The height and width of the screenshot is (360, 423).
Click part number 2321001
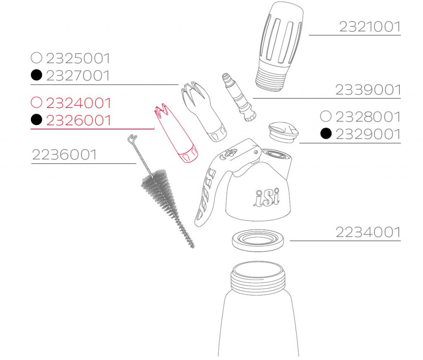click(370, 27)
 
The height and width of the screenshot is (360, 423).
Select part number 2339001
click(368, 90)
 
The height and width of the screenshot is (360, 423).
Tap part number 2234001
click(368, 232)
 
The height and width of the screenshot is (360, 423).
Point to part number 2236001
click(64, 155)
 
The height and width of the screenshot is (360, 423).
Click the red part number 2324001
click(78, 103)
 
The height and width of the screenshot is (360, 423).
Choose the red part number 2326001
click(78, 120)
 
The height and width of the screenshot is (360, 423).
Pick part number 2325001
click(78, 58)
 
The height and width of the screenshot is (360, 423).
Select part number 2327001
click(78, 76)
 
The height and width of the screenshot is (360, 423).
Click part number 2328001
click(368, 117)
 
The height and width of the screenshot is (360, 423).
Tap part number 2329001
click(368, 134)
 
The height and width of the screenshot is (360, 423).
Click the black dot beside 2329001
click(326, 134)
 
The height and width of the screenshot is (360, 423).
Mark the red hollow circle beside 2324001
click(37, 102)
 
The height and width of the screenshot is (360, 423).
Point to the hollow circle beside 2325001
click(37, 57)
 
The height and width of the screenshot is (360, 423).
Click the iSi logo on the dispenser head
click(266, 197)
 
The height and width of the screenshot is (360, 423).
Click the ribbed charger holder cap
click(280, 46)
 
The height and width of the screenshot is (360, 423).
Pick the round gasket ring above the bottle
click(258, 240)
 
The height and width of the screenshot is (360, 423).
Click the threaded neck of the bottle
click(258, 278)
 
